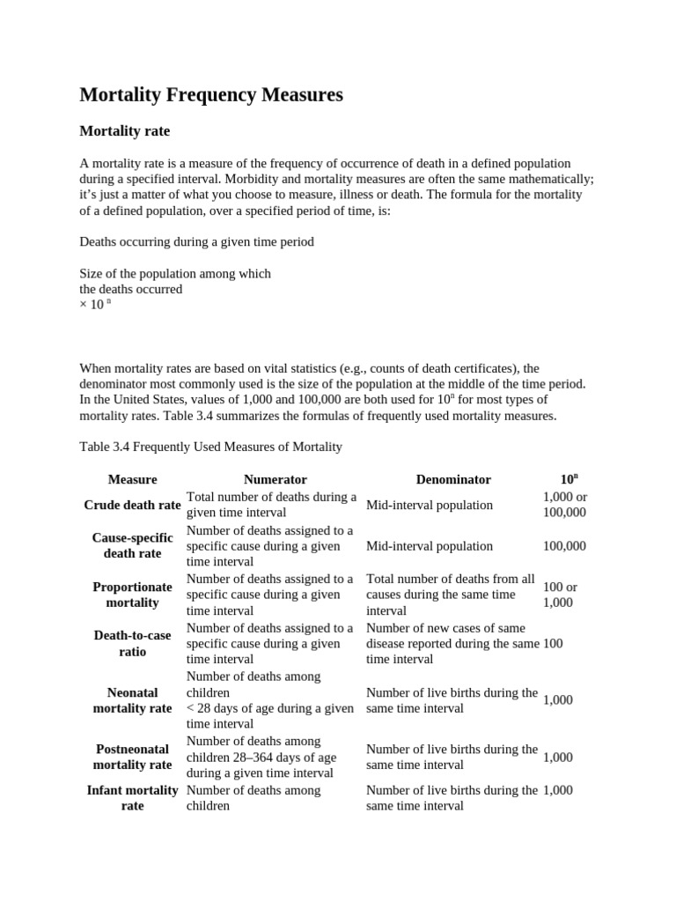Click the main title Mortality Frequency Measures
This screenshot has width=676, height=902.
click(211, 94)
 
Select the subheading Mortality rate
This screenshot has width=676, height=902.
click(124, 131)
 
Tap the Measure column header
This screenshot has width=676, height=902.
click(132, 479)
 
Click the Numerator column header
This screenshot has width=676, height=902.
click(275, 479)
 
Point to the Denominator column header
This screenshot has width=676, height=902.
click(453, 479)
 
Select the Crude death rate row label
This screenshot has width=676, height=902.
click(132, 505)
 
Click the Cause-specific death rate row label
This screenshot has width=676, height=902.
click(132, 545)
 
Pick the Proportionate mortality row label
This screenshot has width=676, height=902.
click(132, 595)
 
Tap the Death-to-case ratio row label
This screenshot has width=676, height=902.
click(132, 643)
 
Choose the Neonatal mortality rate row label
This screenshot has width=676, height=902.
click(132, 700)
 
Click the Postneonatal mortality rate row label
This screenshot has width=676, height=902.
click(132, 757)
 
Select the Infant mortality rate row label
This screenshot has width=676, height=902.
click(132, 797)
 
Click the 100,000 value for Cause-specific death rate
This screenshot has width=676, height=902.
click(564, 546)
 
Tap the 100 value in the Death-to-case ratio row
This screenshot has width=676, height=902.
click(553, 644)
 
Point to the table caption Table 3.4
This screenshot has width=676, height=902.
click(210, 447)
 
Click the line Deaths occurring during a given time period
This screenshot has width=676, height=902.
click(196, 241)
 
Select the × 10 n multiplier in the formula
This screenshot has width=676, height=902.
click(95, 305)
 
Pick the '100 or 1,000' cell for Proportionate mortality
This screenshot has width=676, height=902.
click(560, 595)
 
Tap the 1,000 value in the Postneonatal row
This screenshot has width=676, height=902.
click(558, 758)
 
